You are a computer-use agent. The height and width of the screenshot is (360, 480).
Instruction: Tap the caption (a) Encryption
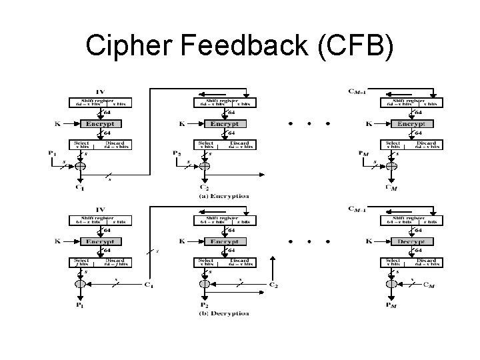click(225, 196)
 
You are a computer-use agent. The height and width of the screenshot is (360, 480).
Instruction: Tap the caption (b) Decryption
click(225, 313)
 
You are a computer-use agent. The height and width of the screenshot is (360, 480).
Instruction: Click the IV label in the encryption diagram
click(101, 91)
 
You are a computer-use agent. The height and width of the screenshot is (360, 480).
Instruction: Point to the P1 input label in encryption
click(52, 153)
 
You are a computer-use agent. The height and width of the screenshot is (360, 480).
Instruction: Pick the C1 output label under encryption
click(80, 188)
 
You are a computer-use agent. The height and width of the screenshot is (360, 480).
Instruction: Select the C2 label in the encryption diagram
click(205, 188)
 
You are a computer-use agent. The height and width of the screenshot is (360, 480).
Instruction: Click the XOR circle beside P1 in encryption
click(80, 166)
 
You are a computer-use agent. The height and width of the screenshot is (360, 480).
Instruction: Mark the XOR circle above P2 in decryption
click(204, 283)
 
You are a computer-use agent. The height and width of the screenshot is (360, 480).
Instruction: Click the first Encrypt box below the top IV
click(101, 123)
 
